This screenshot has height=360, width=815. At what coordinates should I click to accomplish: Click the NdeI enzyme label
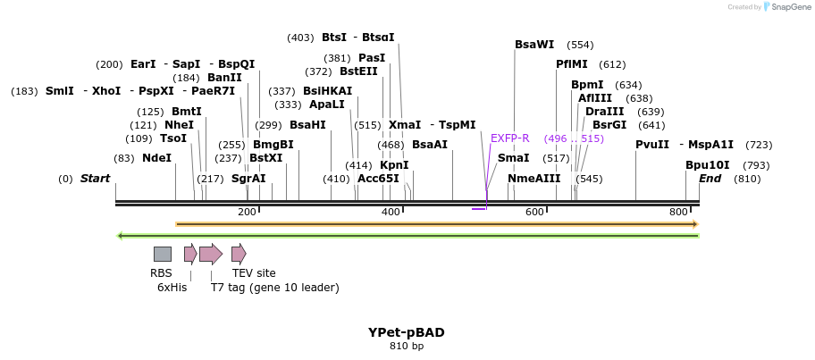coord(156,158)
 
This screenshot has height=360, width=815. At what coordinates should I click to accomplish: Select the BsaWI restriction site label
coord(534,45)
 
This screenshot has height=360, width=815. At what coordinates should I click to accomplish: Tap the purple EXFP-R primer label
coord(509,138)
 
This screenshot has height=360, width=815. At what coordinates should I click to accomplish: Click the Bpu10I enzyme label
coord(708,165)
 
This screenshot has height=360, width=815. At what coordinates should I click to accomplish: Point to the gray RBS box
coord(162,254)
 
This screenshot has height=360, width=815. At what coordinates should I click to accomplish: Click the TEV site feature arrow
coord(239,254)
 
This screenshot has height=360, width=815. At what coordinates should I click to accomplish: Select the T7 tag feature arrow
coord(211,254)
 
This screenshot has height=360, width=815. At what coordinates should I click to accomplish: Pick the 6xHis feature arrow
coord(190,254)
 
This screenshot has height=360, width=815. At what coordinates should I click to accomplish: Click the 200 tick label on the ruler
coord(247,212)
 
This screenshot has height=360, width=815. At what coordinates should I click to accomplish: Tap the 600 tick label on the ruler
coord(534,212)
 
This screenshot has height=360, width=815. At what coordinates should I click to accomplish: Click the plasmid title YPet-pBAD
coord(407,332)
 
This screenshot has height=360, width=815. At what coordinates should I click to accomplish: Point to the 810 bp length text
coord(407,346)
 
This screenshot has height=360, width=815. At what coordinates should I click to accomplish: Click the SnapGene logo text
coord(788,7)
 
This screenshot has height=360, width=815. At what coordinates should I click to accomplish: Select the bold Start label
coord(95,179)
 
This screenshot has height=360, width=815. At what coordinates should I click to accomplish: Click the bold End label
coord(710,179)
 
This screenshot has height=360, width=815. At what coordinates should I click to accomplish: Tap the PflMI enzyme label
coord(572,64)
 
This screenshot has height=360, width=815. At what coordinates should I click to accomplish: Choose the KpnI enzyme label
coord(394,165)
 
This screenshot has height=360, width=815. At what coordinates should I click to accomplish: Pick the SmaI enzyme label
coord(513,158)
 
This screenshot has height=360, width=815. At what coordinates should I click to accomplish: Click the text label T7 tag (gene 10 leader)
coord(274,288)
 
